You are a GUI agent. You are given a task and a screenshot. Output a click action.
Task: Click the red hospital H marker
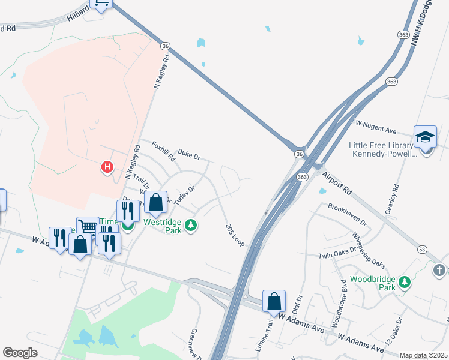pyautogui.click(x=107, y=166)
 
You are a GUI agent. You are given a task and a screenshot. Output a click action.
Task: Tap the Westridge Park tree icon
pyautogui.click(x=191, y=225)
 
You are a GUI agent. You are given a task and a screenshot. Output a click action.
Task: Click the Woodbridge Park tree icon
pyautogui.click(x=405, y=281)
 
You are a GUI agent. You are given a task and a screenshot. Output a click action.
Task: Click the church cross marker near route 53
pyautogui.click(x=439, y=271)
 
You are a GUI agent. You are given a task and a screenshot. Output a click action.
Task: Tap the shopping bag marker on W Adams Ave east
pyautogui.click(x=274, y=301)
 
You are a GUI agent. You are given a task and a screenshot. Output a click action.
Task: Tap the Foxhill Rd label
pyautogui.click(x=163, y=152)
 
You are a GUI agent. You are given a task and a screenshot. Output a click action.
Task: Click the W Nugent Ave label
pyautogui.click(x=376, y=127)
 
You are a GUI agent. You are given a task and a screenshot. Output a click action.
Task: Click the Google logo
pyautogui.click(x=20, y=352)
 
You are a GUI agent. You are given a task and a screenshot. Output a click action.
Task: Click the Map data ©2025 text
pyautogui.click(x=423, y=355)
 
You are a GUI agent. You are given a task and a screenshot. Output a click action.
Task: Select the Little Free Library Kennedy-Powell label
pyautogui.click(x=381, y=149)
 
